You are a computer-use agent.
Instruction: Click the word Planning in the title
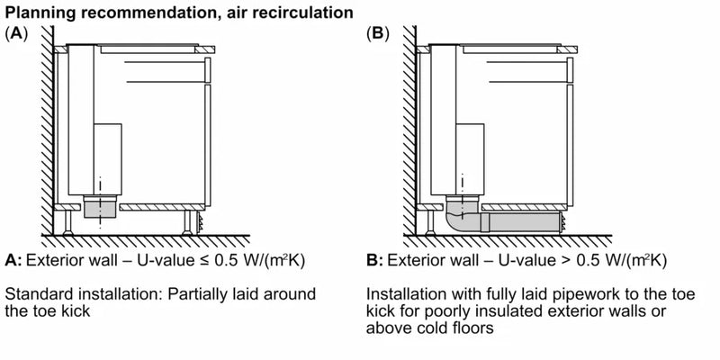35,13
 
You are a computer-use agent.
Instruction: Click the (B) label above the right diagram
378,33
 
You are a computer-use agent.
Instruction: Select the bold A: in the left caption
13,261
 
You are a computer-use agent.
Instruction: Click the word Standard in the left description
35,294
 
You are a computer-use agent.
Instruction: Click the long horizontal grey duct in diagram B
522,221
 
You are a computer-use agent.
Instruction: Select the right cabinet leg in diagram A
191,221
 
